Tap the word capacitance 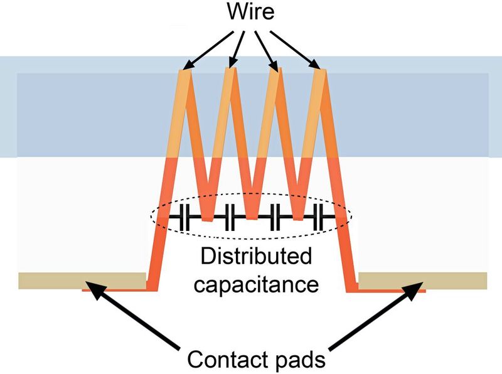point(255,284)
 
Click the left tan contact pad point(82,280)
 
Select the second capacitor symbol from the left point(228,217)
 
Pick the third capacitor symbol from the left point(277,217)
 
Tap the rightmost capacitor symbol point(321,217)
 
